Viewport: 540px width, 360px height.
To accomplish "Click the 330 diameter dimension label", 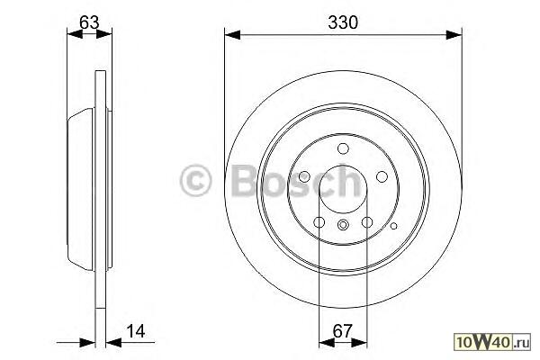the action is (x=343, y=22).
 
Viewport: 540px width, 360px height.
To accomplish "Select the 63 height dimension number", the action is (x=89, y=22).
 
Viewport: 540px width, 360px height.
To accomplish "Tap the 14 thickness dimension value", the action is (x=136, y=331).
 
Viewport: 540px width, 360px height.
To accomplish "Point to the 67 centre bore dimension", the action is (x=343, y=331).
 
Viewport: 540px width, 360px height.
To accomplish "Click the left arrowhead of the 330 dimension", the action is (x=232, y=35).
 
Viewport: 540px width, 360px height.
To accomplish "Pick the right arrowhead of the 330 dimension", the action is (x=454, y=35).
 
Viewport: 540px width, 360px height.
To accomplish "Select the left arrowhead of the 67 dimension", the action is (x=327, y=342).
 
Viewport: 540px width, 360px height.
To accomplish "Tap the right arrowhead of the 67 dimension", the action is (x=359, y=342).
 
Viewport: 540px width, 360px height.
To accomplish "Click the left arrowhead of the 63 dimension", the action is (x=75, y=34).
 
